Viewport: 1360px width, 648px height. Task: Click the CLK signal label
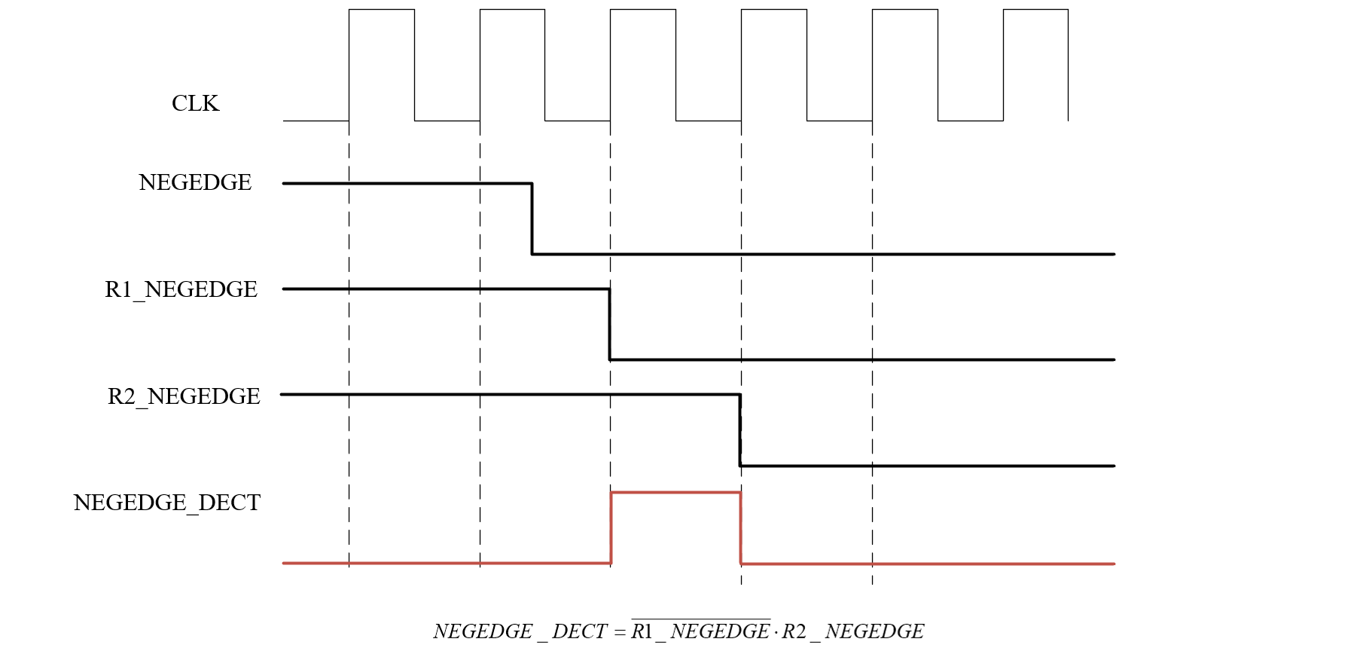coord(195,103)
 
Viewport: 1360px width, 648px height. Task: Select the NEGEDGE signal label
coord(195,182)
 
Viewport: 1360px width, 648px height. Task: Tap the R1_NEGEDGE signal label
coord(181,289)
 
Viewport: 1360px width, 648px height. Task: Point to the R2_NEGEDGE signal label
coord(184,396)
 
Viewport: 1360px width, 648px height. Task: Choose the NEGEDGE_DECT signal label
coord(166,503)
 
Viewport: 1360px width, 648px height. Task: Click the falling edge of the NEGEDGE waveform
coord(532,219)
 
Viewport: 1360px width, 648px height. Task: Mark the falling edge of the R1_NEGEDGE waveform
coord(610,324)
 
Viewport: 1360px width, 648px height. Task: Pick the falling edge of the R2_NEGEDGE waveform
coord(740,429)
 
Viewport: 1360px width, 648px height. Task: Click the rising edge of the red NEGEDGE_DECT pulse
coord(611,527)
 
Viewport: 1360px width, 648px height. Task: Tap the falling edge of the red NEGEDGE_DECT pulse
coord(741,527)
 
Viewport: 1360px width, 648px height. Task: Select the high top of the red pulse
coord(675,493)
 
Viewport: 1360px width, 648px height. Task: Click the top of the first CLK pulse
coord(382,10)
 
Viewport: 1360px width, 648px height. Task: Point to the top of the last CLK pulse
coord(1035,10)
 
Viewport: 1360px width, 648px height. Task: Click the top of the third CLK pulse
coord(643,10)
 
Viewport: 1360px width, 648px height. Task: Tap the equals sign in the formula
coord(620,631)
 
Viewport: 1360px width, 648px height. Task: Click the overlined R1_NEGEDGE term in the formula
coord(700,631)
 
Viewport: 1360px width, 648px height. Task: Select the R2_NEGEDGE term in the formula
coord(853,631)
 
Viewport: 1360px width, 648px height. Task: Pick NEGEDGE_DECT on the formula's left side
coord(520,631)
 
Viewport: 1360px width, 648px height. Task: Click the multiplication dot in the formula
coord(776,631)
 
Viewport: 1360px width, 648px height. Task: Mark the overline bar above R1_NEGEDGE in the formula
coord(700,619)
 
